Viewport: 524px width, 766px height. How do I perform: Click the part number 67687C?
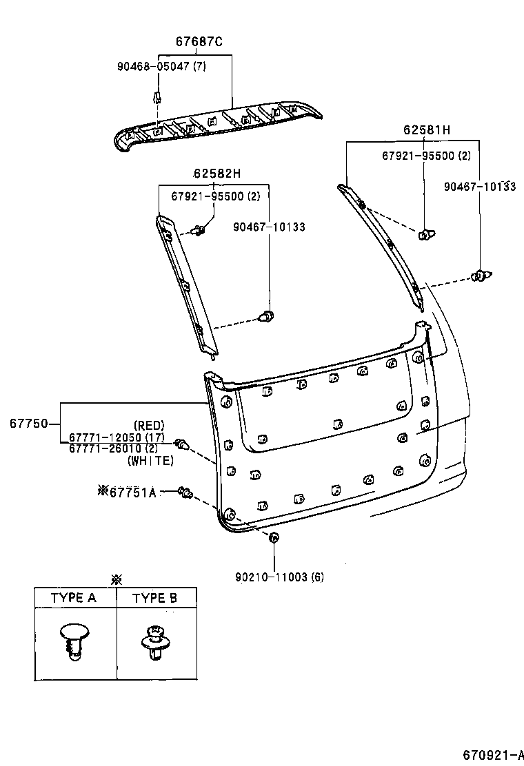(x=199, y=42)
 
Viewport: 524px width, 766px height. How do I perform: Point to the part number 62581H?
(x=427, y=130)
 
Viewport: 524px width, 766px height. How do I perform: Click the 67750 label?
(x=28, y=424)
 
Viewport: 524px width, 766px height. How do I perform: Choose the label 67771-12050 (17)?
(x=116, y=438)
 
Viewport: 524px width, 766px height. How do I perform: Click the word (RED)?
(x=149, y=426)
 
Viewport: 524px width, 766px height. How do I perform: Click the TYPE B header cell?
(x=154, y=598)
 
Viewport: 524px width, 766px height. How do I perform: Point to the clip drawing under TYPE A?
(x=74, y=640)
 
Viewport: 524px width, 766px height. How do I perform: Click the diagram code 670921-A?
(x=491, y=753)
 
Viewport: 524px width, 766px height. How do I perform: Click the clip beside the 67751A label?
(x=185, y=491)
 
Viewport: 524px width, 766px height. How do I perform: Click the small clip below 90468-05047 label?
(x=157, y=97)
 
